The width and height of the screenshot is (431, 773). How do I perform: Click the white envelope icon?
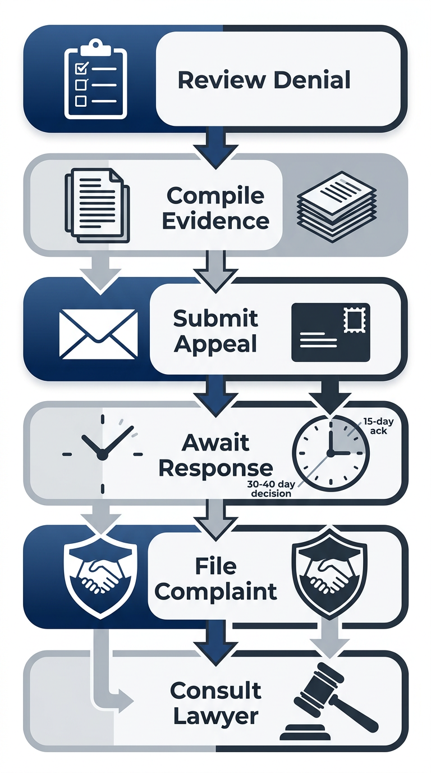click(98, 334)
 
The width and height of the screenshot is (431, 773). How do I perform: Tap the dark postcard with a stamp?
click(331, 332)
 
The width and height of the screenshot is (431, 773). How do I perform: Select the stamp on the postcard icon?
click(355, 321)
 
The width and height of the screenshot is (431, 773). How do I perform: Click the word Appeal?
click(215, 344)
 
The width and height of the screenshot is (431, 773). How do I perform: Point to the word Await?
click(216, 442)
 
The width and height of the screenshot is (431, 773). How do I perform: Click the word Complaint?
click(216, 591)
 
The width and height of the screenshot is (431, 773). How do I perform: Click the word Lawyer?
click(216, 716)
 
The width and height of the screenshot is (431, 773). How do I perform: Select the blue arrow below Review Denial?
click(215, 147)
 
